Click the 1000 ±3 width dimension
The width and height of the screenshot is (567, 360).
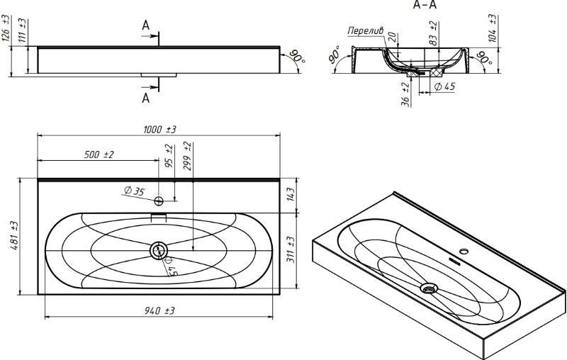(161, 128)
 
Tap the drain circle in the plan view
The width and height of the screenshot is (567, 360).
(159, 249)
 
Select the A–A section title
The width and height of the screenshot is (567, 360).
(425, 5)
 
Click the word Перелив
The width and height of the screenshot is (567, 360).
(366, 30)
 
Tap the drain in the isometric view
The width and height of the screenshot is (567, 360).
(428, 288)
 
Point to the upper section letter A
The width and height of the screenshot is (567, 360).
(146, 26)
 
